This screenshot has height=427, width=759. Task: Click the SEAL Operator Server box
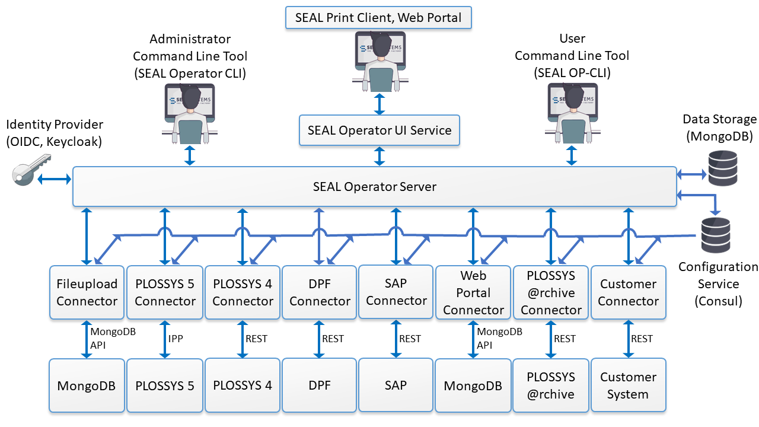374,187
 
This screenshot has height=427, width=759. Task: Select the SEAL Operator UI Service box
379,130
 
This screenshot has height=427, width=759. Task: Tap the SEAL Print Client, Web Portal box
379,18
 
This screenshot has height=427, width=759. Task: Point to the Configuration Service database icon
716,235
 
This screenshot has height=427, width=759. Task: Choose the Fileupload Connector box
87,292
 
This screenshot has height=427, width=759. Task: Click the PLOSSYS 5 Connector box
165,292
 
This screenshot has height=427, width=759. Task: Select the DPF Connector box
320,292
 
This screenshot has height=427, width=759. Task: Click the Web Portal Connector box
473,292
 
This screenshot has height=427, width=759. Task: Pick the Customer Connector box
628,292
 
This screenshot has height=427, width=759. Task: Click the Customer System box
628,385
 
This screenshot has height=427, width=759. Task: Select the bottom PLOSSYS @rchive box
551,385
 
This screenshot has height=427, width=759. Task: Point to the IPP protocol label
176,339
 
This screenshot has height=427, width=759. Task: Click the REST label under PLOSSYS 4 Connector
256,339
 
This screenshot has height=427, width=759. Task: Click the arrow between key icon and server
53,179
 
